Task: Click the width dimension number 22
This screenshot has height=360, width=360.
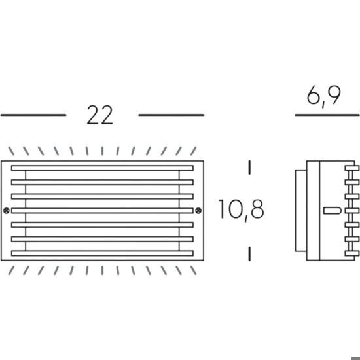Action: (x=99, y=115)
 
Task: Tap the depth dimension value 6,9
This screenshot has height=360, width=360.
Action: (x=324, y=96)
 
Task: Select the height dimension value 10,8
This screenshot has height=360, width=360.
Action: (x=241, y=209)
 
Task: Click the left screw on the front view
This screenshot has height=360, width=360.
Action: (x=7, y=211)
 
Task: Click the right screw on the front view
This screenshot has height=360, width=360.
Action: (x=198, y=211)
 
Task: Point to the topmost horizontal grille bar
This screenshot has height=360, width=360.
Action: (x=102, y=168)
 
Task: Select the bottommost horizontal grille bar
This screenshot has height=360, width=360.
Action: (x=102, y=253)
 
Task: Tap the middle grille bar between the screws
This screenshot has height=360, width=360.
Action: (x=102, y=211)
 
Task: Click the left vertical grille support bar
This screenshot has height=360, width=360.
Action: (x=26, y=211)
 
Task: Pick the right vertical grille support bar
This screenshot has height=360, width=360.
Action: (x=179, y=211)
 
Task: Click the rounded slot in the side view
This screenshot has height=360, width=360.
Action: (x=333, y=211)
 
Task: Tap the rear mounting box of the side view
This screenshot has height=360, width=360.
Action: (x=301, y=211)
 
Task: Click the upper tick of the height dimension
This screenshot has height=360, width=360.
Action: (x=249, y=168)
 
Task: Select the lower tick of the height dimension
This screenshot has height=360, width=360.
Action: (x=249, y=254)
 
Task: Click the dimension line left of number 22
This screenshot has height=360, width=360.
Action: (x=33, y=115)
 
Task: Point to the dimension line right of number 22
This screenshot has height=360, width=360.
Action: (x=171, y=115)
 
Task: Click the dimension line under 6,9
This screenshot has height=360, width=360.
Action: (x=327, y=115)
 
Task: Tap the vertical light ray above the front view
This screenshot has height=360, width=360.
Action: (x=102, y=151)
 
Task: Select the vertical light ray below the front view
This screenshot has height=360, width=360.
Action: (x=102, y=270)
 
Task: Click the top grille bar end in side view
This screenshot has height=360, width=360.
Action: (x=352, y=168)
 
